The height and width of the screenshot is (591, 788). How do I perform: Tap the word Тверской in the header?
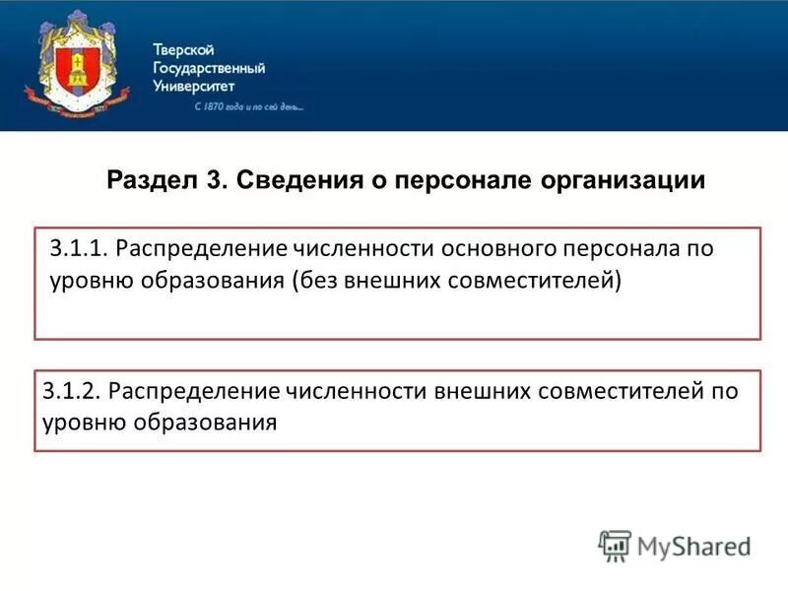(x=183, y=50)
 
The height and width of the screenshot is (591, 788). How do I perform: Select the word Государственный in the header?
(x=209, y=68)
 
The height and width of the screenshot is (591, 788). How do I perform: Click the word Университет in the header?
(x=194, y=86)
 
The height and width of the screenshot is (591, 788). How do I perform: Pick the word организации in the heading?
(x=623, y=181)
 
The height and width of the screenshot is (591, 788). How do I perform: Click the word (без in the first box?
(x=317, y=281)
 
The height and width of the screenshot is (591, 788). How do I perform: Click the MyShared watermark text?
(x=694, y=546)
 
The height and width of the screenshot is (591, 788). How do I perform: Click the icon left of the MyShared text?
(x=616, y=546)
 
